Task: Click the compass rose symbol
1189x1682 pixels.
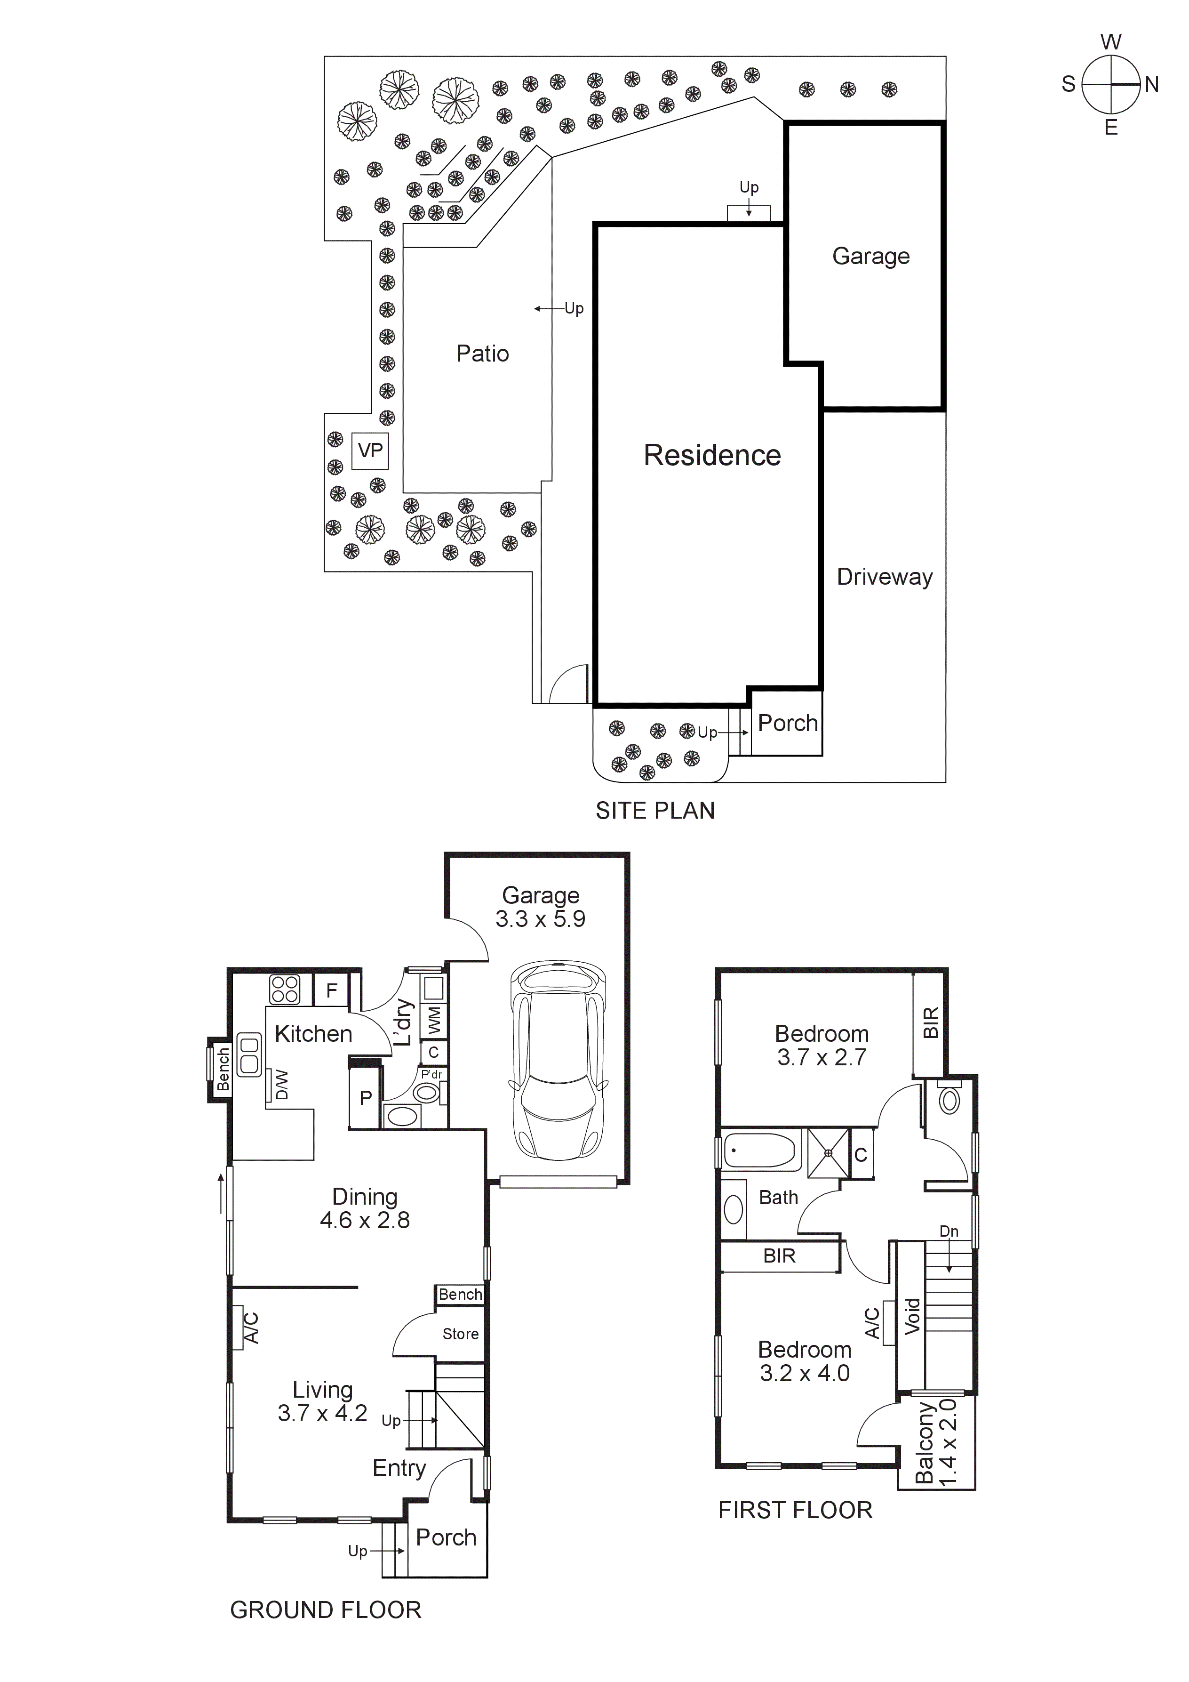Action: click(1111, 85)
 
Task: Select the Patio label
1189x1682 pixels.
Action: click(482, 354)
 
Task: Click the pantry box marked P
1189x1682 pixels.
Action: click(365, 1098)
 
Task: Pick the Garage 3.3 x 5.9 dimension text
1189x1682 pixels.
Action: click(540, 919)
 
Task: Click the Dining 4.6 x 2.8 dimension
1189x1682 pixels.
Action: click(365, 1221)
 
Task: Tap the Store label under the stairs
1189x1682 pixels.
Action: click(461, 1334)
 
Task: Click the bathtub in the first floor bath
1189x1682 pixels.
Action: click(761, 1151)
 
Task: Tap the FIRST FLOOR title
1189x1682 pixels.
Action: click(795, 1511)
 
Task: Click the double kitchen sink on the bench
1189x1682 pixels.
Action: click(250, 1055)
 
